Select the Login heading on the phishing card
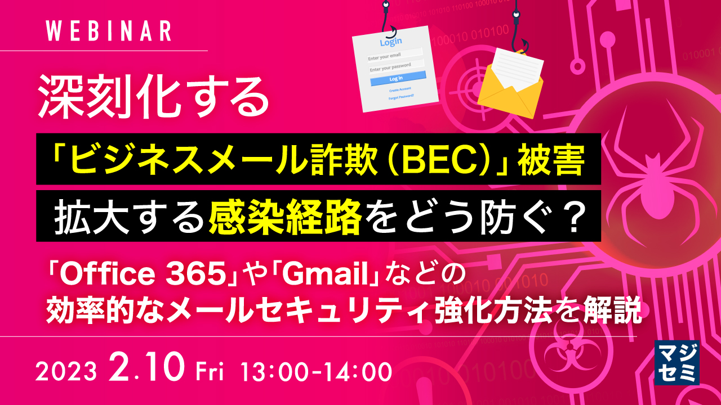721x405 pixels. [391, 42]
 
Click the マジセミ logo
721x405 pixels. [677, 362]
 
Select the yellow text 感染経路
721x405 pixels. [284, 217]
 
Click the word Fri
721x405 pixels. [210, 371]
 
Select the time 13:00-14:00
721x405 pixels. [315, 371]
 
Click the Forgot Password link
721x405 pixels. [401, 96]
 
